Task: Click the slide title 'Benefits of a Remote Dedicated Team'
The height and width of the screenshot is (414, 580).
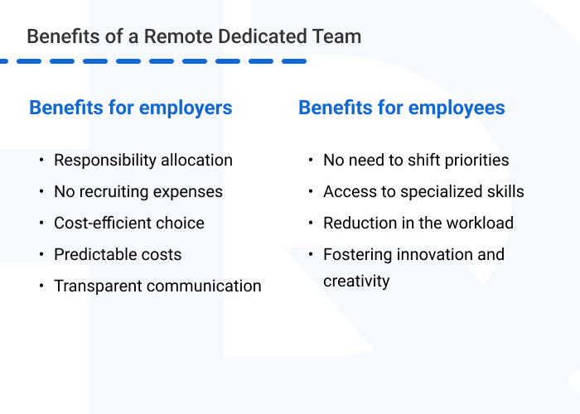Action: pos(194,36)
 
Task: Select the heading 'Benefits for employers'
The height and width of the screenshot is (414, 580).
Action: pos(130,108)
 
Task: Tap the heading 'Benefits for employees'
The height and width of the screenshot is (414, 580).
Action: pos(401,108)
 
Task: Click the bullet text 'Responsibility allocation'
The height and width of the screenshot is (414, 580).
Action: pos(143,160)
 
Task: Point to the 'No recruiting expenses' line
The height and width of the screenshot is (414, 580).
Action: pos(138,191)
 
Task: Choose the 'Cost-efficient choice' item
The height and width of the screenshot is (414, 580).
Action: pos(129,223)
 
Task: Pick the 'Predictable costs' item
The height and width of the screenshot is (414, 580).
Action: pos(118,254)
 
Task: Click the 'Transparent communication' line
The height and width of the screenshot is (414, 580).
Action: pos(157,286)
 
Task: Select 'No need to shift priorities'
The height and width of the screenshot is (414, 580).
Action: pos(416,160)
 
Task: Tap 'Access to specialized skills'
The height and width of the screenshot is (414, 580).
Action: pos(423,191)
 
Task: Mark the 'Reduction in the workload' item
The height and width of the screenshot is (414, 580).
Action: pos(418,223)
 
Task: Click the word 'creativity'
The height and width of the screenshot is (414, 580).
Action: pos(356,281)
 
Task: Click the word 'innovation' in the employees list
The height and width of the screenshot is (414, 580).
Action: pos(428,254)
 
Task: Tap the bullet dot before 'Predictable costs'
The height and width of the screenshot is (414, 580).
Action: pos(41,255)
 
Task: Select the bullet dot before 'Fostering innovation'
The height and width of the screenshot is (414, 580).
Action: pos(311,255)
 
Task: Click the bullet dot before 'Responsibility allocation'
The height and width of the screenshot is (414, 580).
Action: pos(41,161)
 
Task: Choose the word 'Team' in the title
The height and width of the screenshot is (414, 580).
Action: pos(341,36)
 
